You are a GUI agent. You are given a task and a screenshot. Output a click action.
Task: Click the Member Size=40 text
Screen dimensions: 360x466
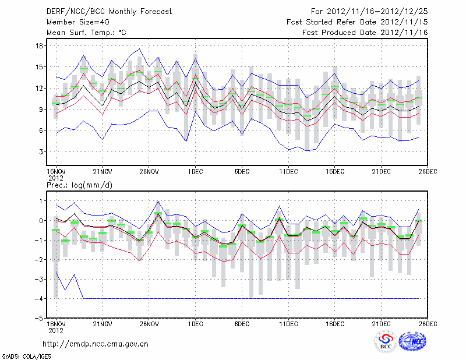tap(73, 22)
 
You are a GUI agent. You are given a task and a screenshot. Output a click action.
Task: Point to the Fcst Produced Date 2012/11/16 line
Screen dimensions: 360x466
tap(365, 33)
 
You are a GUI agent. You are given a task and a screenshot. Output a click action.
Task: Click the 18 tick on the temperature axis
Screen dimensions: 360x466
tap(39, 45)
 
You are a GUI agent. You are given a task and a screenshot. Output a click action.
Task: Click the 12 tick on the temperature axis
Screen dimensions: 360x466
tap(39, 88)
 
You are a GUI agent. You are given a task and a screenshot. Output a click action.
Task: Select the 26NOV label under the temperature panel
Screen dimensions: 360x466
tap(149, 171)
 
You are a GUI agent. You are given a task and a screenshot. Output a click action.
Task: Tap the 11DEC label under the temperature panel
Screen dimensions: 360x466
tap(288, 171)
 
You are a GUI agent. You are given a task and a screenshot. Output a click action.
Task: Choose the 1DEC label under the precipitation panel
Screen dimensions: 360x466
tap(195, 323)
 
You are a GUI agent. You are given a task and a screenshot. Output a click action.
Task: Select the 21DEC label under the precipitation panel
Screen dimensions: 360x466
tap(381, 323)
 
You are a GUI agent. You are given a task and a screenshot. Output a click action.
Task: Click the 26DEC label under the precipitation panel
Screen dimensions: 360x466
tap(428, 323)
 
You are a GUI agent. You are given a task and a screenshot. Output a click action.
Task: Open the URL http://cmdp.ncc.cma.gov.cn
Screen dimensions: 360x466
tap(96, 344)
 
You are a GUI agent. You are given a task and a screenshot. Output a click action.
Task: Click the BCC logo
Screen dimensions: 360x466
tap(386, 341)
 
